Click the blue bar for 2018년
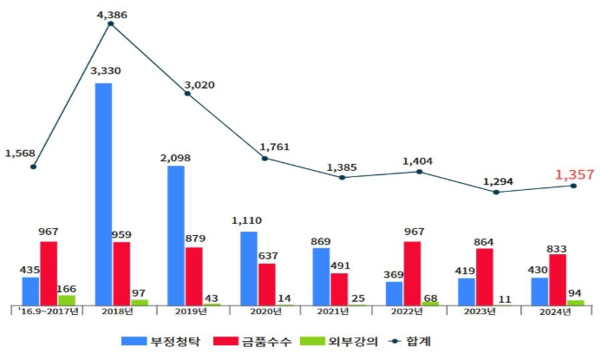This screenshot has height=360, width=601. (103, 193)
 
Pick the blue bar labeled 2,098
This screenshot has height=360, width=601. (176, 234)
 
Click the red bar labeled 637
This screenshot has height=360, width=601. (267, 283)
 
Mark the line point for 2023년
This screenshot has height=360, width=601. (496, 192)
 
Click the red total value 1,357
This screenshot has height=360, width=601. (574, 175)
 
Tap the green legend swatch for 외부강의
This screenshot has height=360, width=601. (313, 341)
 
